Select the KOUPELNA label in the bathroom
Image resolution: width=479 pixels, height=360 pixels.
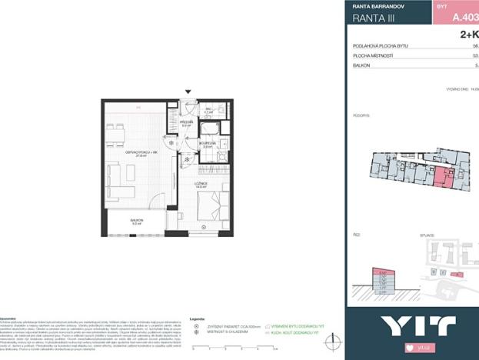click(x=208, y=142)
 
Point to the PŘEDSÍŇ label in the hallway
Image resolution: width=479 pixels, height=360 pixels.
click(x=185, y=122)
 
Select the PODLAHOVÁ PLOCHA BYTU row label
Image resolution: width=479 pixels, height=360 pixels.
click(x=380, y=46)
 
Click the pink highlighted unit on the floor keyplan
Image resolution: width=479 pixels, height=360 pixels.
click(x=441, y=178)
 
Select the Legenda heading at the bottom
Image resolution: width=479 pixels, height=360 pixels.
click(x=198, y=318)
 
